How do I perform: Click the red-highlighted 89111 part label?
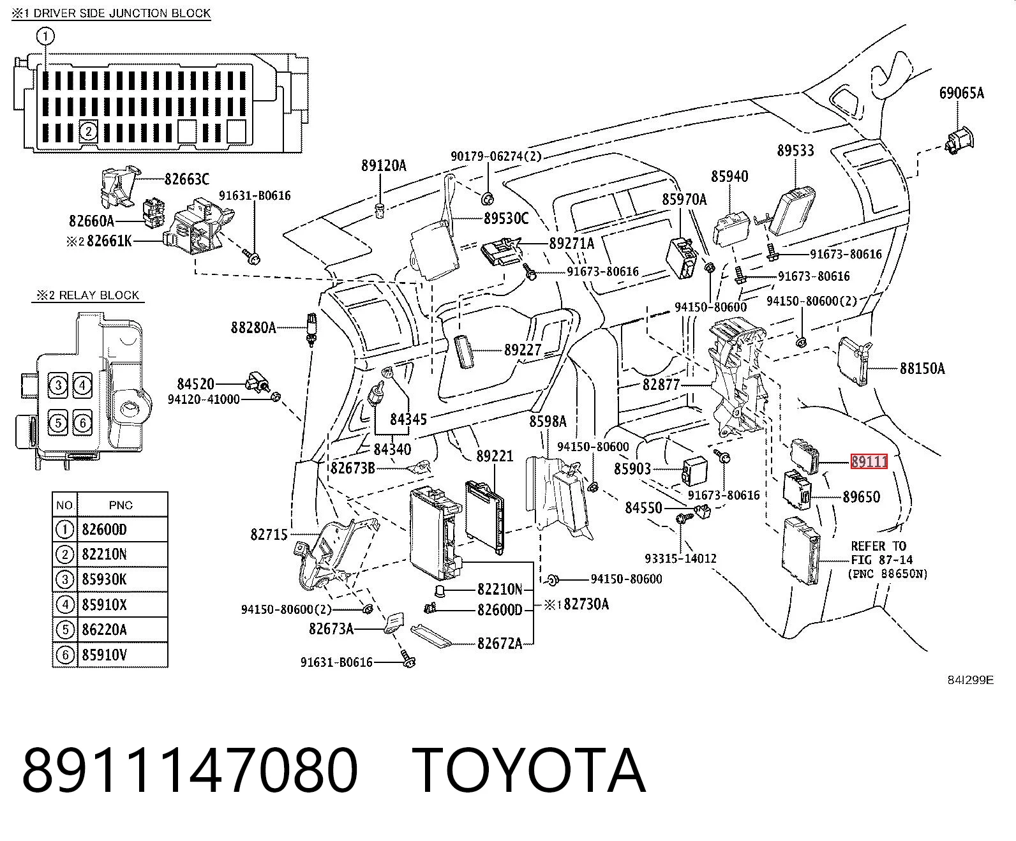point(869,461)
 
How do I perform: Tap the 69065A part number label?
point(961,93)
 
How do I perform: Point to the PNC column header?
point(121,505)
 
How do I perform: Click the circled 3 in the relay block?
point(58,385)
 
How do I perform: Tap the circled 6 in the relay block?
point(82,422)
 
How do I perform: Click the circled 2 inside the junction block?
point(88,131)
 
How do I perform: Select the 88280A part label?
point(253,327)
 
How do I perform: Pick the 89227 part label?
point(523,350)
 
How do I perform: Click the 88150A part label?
point(922,368)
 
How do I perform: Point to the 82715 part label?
point(269,535)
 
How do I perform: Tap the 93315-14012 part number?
point(681,558)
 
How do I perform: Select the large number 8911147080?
point(190,771)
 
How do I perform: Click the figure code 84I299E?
point(970,680)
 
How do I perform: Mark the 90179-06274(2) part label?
point(496,156)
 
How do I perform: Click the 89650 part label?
point(862,497)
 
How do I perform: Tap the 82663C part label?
point(187,179)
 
